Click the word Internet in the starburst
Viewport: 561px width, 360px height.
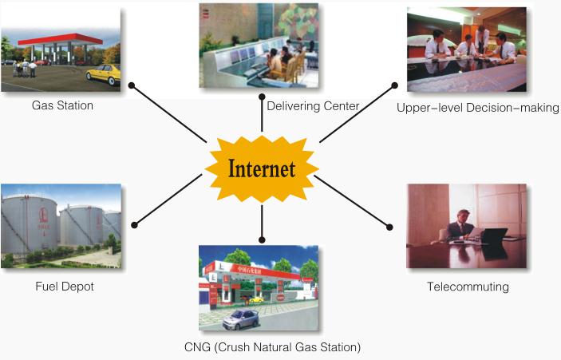click(262, 169)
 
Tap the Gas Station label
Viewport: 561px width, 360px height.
click(62, 105)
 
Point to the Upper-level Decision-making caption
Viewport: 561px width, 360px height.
click(477, 107)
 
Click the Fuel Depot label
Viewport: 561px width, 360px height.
click(63, 286)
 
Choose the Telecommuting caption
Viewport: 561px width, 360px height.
click(468, 286)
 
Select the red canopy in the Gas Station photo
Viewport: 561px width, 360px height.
click(61, 38)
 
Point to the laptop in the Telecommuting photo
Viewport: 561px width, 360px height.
click(494, 235)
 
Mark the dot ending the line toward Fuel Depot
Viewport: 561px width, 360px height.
click(134, 226)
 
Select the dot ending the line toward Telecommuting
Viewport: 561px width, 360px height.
click(389, 226)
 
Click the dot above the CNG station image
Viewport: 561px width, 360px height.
click(262, 239)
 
